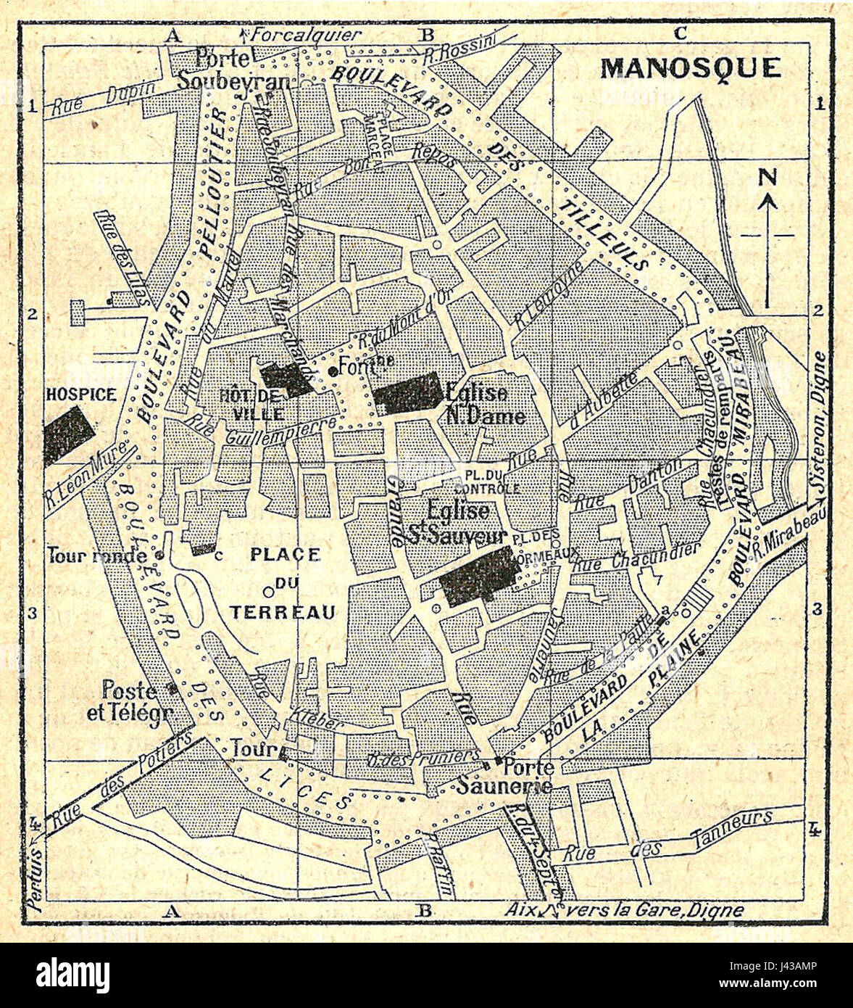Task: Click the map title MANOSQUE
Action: coord(691,67)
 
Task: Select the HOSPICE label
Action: coord(80,394)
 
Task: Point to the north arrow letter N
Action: coord(768,177)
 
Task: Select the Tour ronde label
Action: coord(97,556)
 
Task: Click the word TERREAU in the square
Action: coord(283,612)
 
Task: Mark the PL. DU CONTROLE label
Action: coord(492,482)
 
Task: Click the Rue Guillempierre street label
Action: coord(261,431)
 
